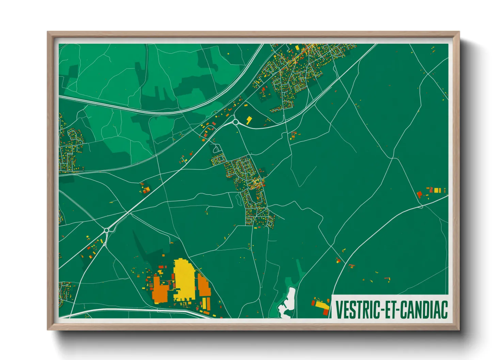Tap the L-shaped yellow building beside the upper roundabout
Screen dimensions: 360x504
pyautogui.click(x=249, y=119)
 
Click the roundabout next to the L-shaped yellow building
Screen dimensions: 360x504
pyautogui.click(x=235, y=121)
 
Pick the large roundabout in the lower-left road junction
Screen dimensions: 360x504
pyautogui.click(x=107, y=230)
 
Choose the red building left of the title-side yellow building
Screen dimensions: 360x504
pyautogui.click(x=314, y=302)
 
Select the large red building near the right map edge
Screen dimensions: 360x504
pyautogui.click(x=420, y=194)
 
